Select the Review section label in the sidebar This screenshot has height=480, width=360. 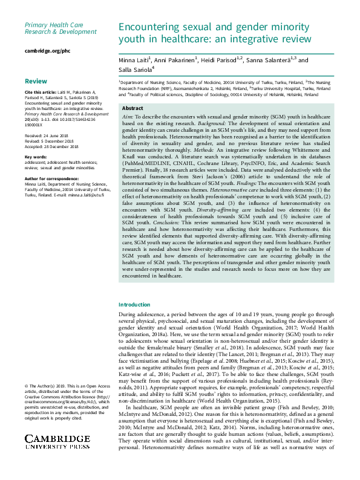(36, 80)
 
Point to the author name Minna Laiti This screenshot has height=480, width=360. (135, 60)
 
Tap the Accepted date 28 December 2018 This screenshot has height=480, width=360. (54, 146)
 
